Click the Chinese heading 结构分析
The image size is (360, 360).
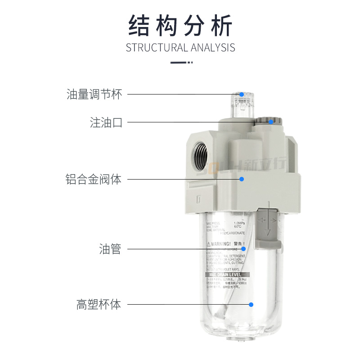[x=180, y=25]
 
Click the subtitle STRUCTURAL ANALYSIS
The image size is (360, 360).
[x=180, y=48]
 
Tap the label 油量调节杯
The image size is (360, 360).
[x=94, y=94]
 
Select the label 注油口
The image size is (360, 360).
[x=106, y=122]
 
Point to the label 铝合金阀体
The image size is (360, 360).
[x=94, y=179]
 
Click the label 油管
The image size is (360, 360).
[x=110, y=249]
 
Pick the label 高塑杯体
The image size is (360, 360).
[x=99, y=305]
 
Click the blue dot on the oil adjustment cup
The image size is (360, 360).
[x=242, y=94]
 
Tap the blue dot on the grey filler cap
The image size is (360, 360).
[x=271, y=121]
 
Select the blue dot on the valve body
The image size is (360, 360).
[x=242, y=179]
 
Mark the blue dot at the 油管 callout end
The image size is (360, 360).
[x=243, y=248]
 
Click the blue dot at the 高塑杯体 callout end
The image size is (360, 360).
[x=251, y=305]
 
